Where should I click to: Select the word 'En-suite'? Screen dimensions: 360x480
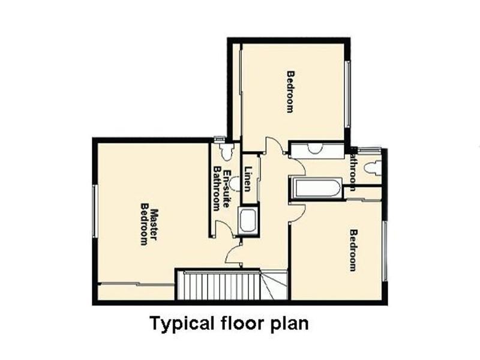coord(226,181)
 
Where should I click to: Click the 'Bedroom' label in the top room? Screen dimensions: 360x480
coord(290,92)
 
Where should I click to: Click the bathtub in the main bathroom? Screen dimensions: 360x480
coord(316,188)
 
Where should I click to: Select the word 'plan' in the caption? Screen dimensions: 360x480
coord(290,324)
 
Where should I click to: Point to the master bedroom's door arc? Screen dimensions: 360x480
coord(232,255)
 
